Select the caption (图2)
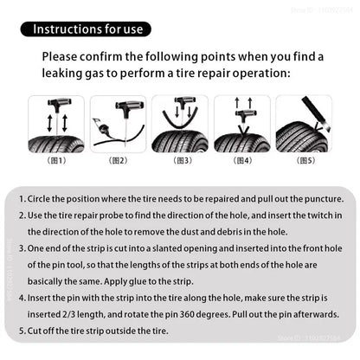[118, 160]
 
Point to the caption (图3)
[181, 160]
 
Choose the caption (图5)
[305, 160]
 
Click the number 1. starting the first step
[21, 198]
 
